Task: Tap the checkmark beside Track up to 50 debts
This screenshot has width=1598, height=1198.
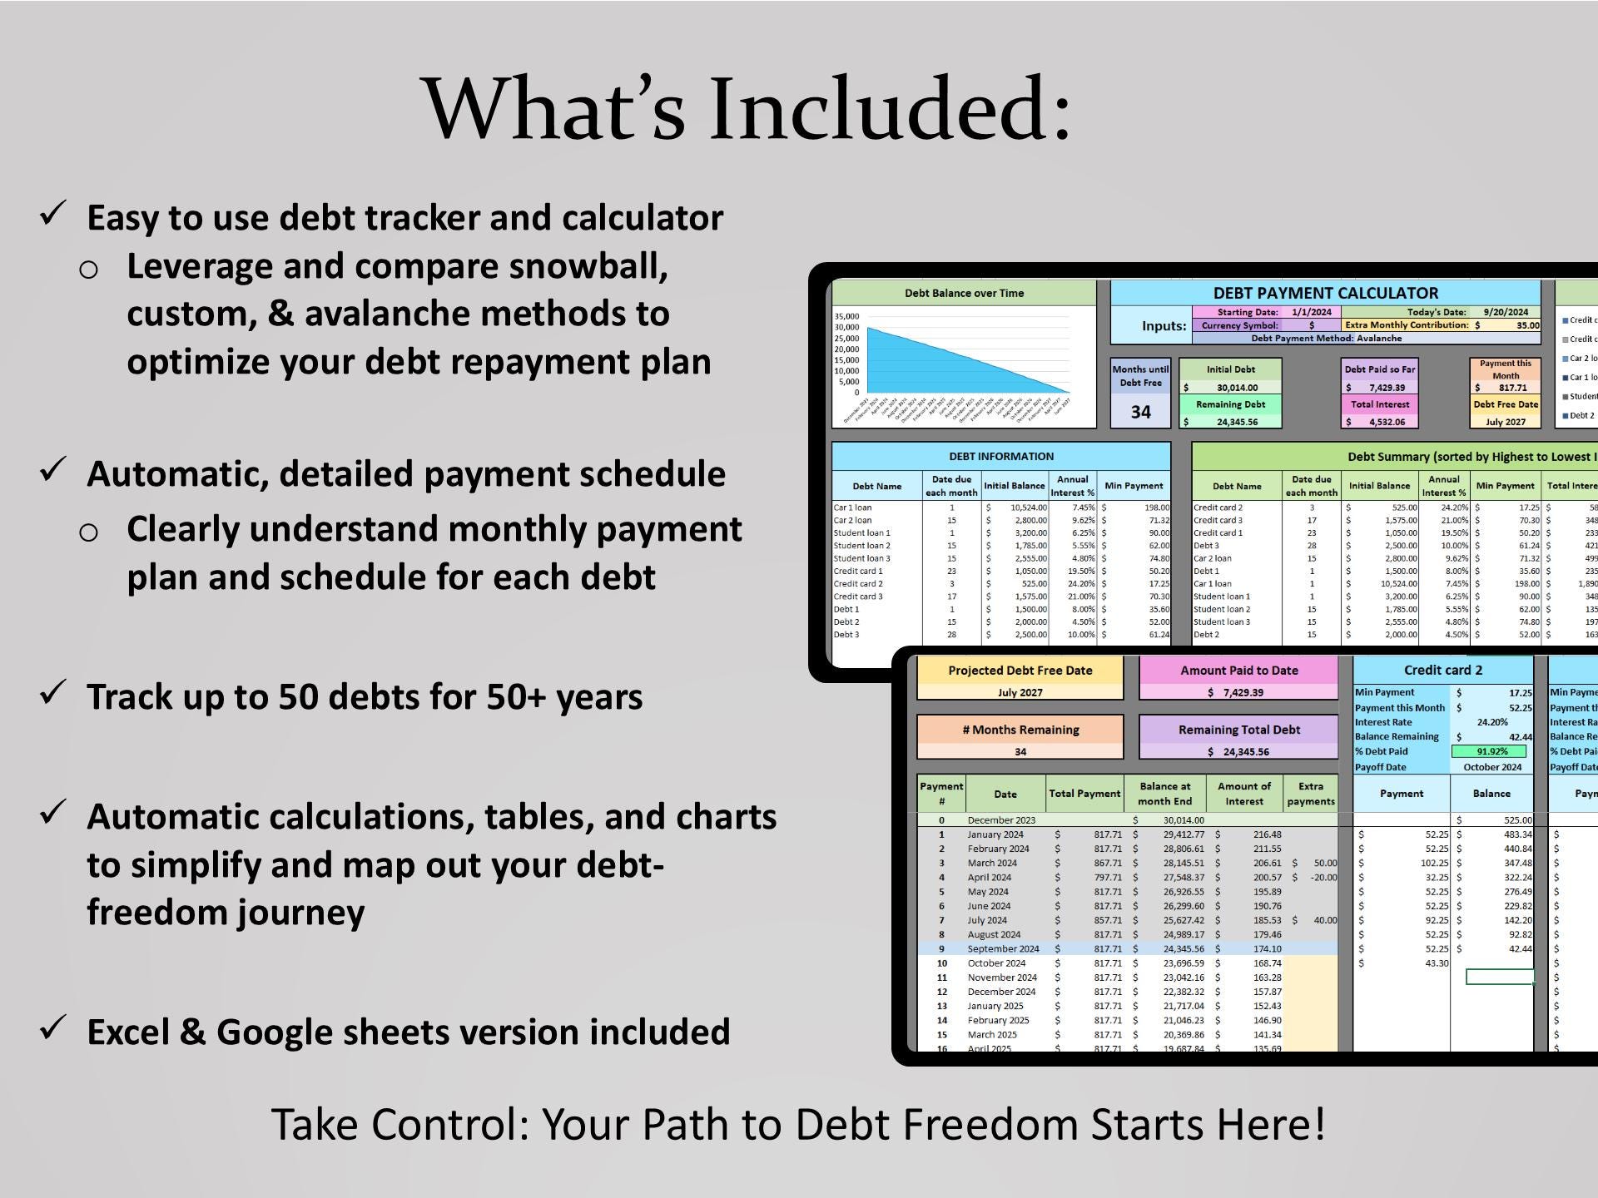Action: point(53,692)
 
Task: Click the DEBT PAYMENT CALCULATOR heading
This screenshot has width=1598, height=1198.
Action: point(1325,293)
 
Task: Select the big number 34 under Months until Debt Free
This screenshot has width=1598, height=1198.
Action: point(1140,412)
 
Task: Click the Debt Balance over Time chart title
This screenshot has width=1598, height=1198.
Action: point(964,293)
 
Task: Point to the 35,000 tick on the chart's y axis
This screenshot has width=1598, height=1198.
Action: point(846,316)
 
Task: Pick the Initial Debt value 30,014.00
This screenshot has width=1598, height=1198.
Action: point(1237,388)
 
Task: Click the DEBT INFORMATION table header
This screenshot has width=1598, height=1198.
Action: point(1001,456)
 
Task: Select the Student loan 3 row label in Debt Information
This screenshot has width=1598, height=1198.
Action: point(862,558)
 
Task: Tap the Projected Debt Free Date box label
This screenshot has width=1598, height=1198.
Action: point(1020,671)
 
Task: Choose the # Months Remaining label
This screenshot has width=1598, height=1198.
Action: point(1020,730)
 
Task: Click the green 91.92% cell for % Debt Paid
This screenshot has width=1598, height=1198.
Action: point(1491,751)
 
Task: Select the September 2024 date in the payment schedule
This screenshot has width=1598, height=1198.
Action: point(1003,948)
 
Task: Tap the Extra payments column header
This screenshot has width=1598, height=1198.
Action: point(1310,794)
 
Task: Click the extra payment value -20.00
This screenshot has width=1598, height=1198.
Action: point(1323,877)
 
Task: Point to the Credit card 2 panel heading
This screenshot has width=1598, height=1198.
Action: point(1442,671)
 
